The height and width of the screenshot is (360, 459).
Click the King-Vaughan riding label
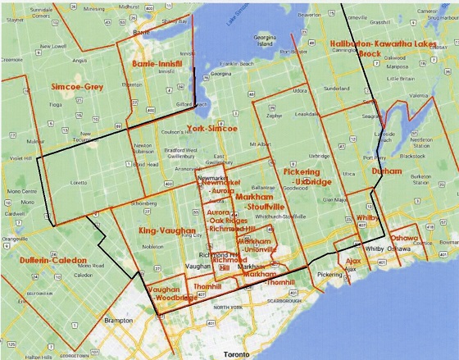(162, 231)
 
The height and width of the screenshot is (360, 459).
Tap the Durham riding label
(387, 171)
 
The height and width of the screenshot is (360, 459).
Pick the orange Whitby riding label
(367, 219)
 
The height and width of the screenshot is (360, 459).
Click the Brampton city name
(118, 320)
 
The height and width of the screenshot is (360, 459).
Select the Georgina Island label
(263, 40)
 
